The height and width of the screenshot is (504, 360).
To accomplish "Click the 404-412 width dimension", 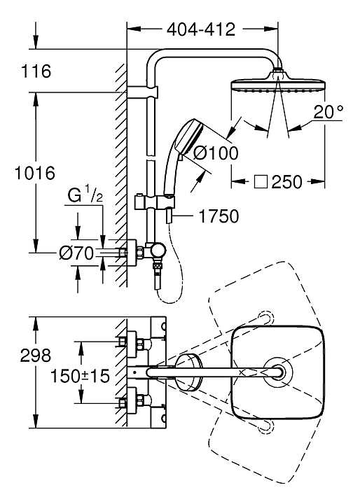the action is [x=201, y=30].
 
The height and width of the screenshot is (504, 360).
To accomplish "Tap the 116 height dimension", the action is [x=36, y=71].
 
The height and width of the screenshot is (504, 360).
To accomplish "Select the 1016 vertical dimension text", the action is [x=36, y=174].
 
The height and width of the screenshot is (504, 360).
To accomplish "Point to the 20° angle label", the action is [x=328, y=112].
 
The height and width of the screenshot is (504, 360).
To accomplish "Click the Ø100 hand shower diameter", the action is [x=216, y=153].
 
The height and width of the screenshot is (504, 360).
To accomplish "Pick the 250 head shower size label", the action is [x=286, y=182].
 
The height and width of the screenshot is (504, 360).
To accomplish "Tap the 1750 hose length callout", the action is [x=219, y=216].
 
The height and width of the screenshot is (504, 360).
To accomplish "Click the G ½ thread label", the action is [x=85, y=195].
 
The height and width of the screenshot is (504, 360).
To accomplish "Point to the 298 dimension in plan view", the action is [x=36, y=356].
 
